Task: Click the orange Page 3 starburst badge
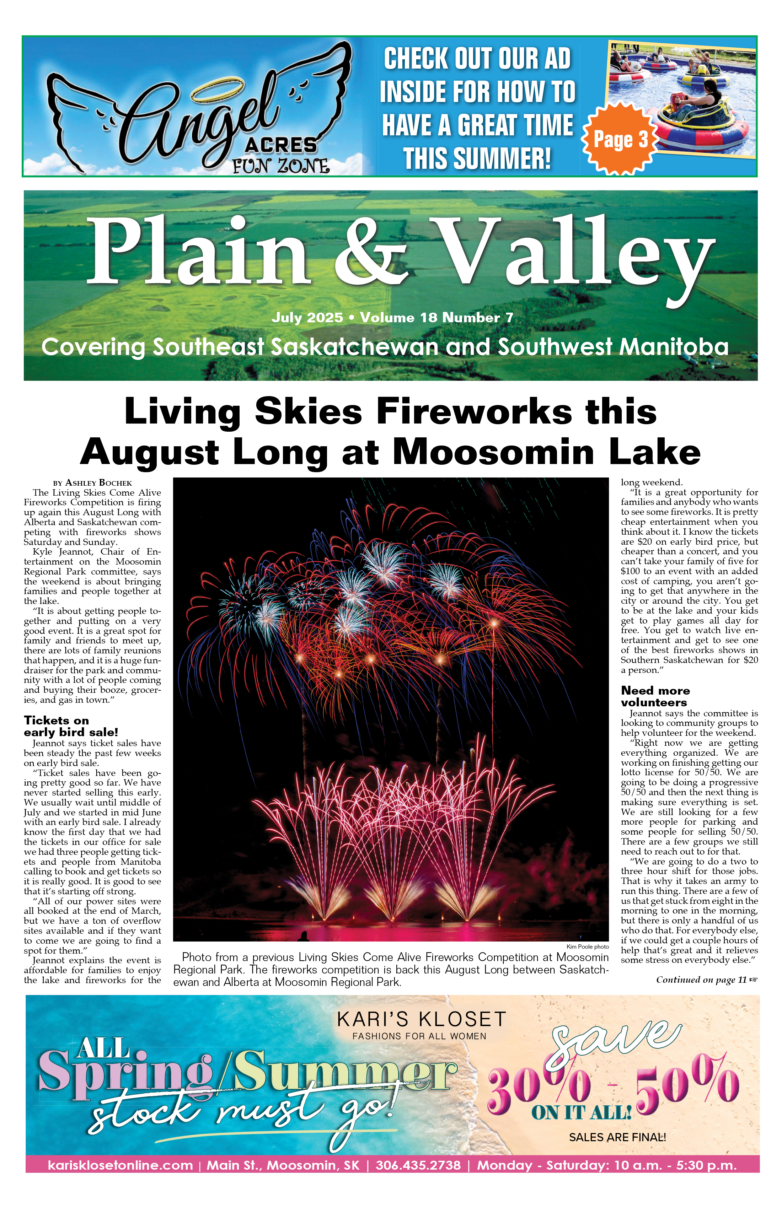point(621,139)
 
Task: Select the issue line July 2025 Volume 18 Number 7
point(392,318)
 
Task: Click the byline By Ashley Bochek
point(92,483)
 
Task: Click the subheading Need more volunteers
point(655,696)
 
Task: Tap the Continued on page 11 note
point(706,980)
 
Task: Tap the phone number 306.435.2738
point(418,1165)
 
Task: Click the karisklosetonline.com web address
point(120,1165)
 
